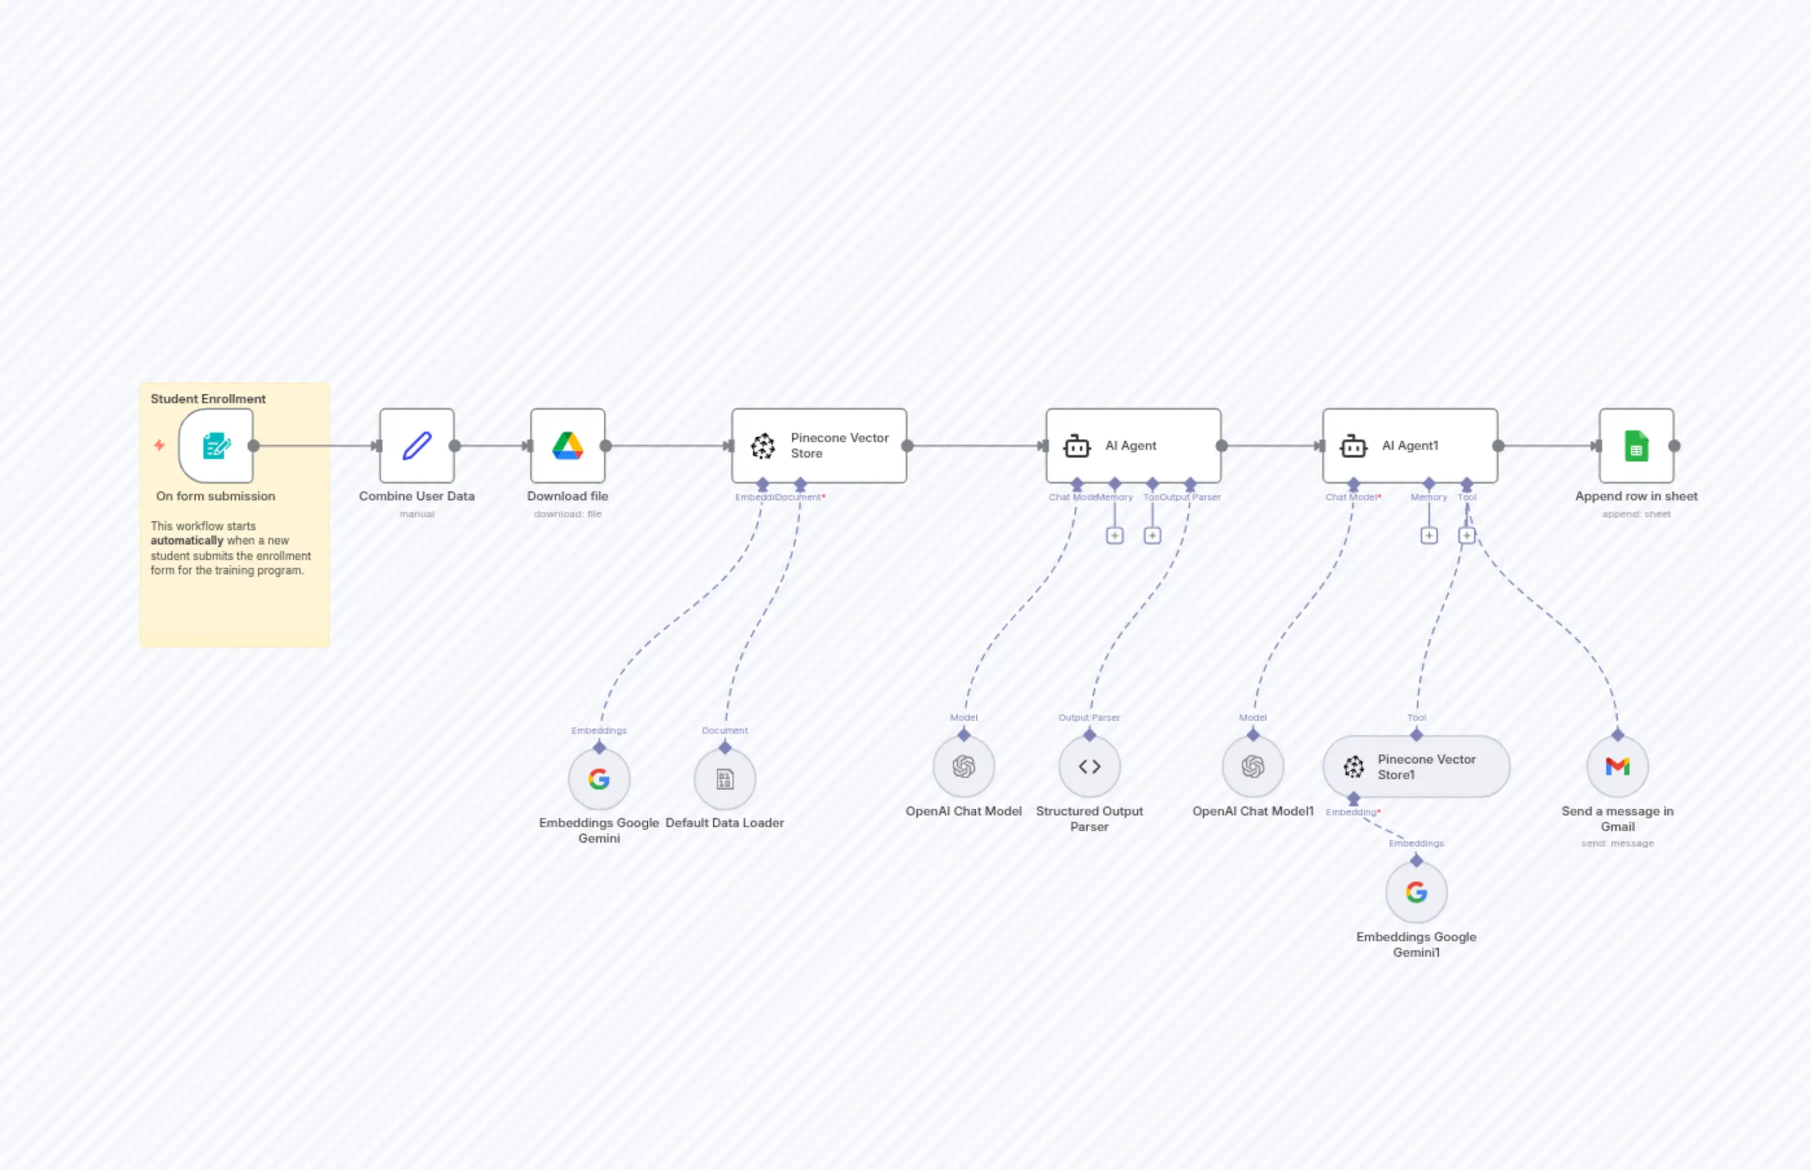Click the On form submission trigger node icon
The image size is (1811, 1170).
tap(216, 446)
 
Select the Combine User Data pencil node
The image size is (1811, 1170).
tap(417, 446)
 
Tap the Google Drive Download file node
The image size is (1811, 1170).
tap(567, 446)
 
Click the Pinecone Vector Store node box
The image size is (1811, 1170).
tap(819, 446)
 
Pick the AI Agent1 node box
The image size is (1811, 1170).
tap(1410, 446)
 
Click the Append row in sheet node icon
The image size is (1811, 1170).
tap(1636, 446)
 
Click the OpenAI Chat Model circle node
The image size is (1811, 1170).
tap(963, 767)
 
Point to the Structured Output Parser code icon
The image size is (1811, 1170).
tap(1090, 767)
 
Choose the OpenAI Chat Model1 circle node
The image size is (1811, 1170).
tap(1253, 767)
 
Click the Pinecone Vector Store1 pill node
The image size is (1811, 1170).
tap(1416, 767)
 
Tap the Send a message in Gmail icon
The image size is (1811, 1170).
tap(1617, 767)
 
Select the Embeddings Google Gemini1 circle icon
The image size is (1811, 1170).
tap(1416, 892)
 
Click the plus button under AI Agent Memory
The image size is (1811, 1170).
tap(1114, 535)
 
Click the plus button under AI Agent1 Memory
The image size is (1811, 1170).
tap(1429, 535)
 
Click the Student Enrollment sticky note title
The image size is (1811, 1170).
tap(208, 399)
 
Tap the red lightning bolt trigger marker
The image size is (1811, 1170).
tap(159, 445)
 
